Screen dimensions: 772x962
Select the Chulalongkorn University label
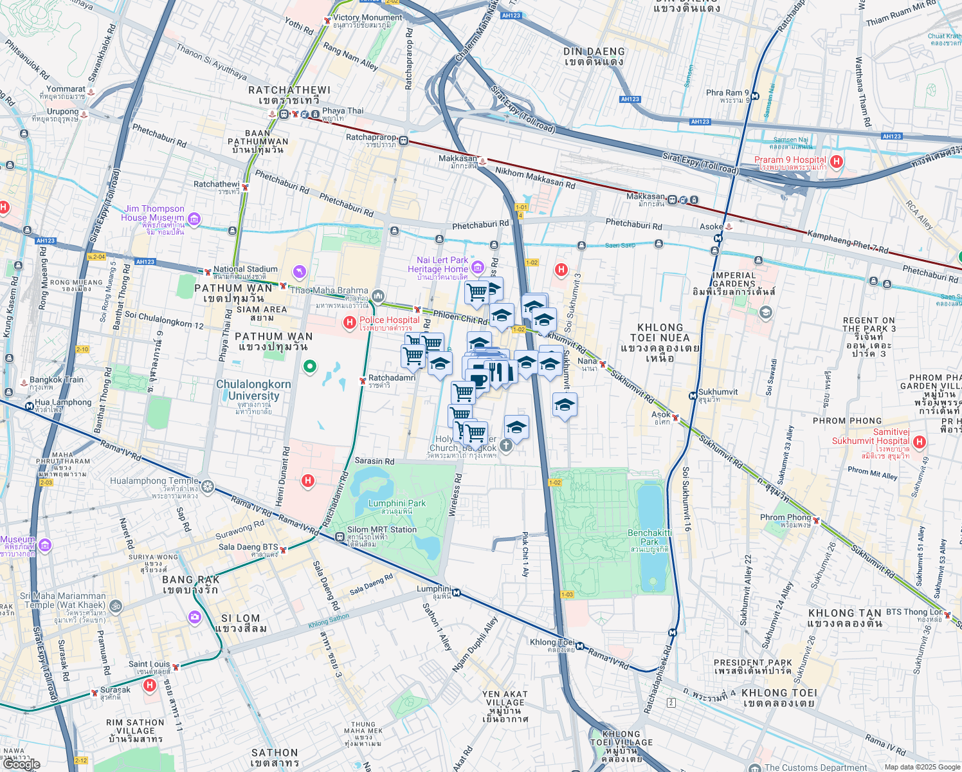click(x=253, y=391)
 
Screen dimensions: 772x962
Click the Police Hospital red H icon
click(x=350, y=322)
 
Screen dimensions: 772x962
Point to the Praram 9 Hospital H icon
click(x=837, y=161)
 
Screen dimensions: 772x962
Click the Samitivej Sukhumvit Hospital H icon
click(x=920, y=442)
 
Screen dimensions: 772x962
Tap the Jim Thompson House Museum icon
click(x=194, y=219)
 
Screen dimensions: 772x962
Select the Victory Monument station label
click(x=367, y=18)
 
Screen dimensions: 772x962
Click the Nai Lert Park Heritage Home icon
click(x=477, y=267)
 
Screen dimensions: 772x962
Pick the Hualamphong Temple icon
click(x=207, y=486)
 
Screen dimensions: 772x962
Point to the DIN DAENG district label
click(x=594, y=51)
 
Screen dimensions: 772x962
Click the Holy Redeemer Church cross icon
click(x=506, y=445)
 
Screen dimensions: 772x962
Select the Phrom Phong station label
click(x=785, y=517)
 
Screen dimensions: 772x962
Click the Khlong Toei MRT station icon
click(x=580, y=646)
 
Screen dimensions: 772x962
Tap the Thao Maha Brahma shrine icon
click(x=378, y=296)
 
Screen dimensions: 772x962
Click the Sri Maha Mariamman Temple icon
click(x=116, y=606)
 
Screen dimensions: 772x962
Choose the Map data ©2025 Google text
click(x=921, y=766)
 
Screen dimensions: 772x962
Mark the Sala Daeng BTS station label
click(x=248, y=547)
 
